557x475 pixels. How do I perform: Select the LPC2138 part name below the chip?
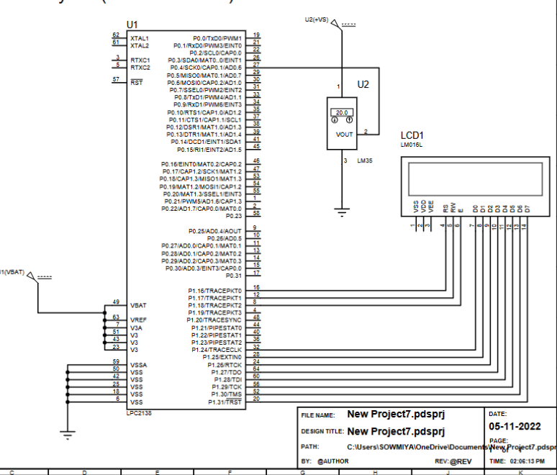tap(138, 414)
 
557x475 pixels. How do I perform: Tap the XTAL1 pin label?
tap(140, 37)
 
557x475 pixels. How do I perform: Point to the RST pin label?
tap(137, 82)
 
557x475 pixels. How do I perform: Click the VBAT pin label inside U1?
tap(139, 305)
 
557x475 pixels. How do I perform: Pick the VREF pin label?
tap(139, 320)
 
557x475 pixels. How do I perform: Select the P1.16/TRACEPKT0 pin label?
tap(214, 291)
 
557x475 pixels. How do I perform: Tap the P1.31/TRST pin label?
tap(225, 402)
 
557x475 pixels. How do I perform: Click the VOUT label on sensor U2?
tap(344, 135)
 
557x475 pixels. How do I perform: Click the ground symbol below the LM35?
tap(342, 211)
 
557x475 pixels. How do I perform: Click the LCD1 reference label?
tap(412, 135)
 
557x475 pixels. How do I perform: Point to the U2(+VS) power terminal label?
tap(316, 20)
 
